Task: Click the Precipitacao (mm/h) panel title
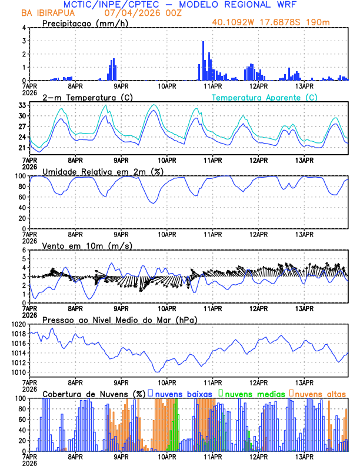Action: coord(85,24)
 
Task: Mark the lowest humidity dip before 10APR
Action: coord(154,203)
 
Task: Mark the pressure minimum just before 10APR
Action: coord(157,371)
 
